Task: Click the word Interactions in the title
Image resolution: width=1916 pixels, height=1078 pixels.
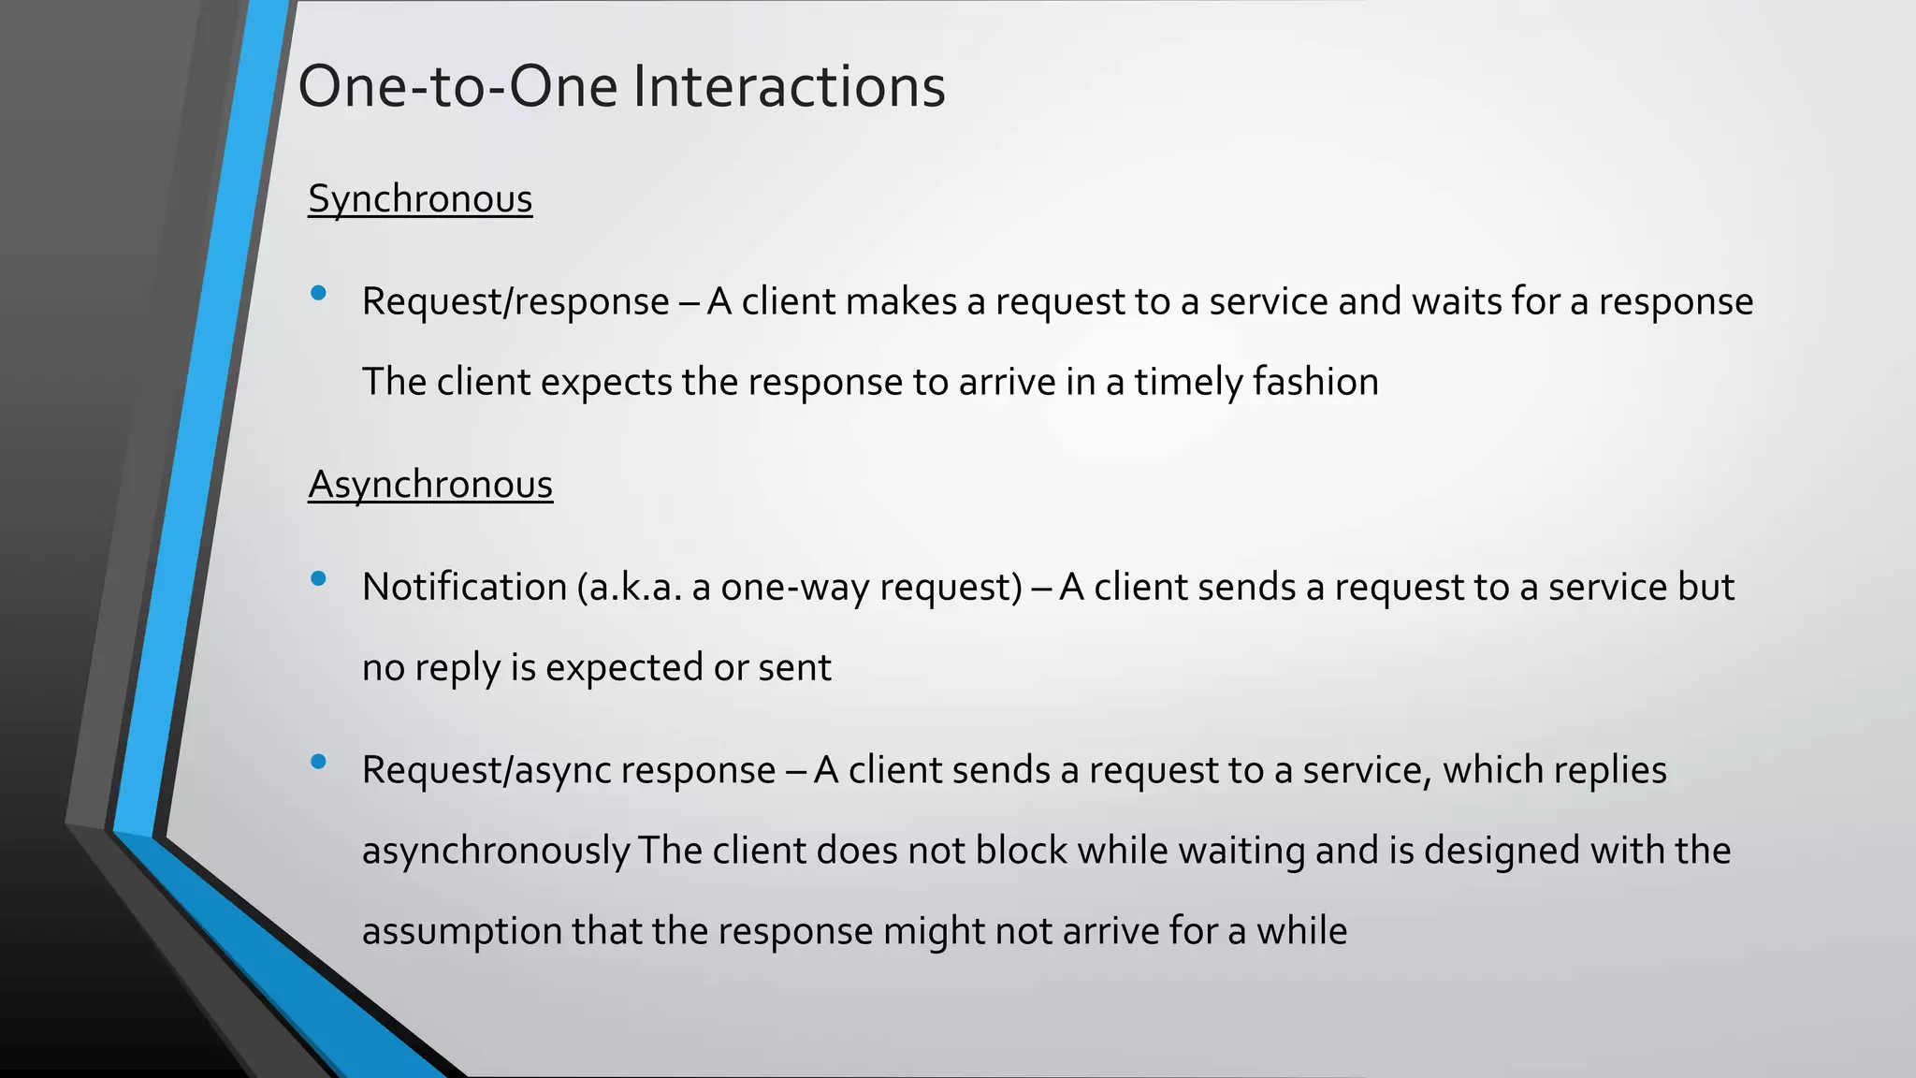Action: [x=789, y=86]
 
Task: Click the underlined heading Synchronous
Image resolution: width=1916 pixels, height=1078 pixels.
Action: [x=420, y=199]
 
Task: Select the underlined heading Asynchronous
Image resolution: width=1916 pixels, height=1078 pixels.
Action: [x=430, y=485]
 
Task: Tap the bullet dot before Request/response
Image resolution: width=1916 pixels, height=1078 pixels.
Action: [x=318, y=293]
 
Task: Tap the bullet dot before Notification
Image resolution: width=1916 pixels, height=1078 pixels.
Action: [x=318, y=578]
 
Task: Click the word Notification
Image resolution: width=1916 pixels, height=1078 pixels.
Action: [x=464, y=587]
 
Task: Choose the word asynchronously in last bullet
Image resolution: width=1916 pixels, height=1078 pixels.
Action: [x=496, y=851]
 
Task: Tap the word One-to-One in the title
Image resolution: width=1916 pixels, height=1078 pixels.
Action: [x=457, y=86]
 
